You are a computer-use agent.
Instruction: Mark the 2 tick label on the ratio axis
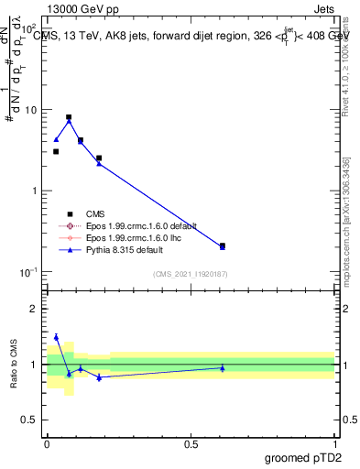(36, 309)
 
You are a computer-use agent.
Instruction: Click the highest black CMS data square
(69, 117)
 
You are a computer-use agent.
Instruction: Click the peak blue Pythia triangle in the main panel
(69, 121)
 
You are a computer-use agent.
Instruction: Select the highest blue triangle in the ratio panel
(56, 337)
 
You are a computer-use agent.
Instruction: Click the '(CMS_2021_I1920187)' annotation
(191, 274)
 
